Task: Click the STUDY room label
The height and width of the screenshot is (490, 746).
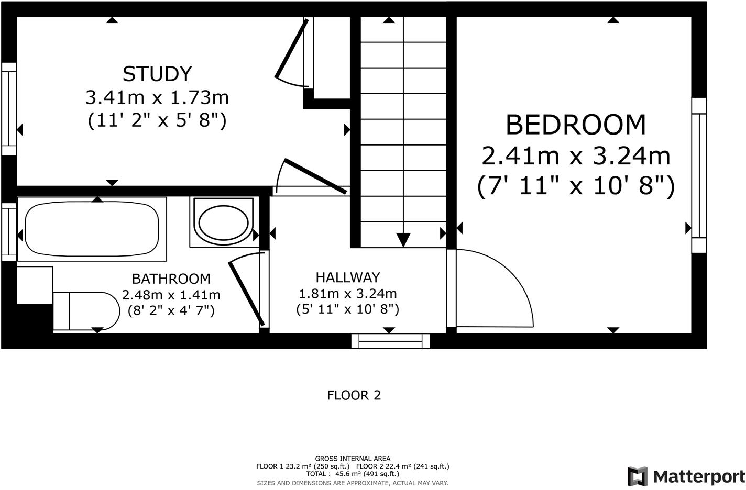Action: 157,74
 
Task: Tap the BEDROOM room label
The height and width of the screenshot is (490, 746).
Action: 576,125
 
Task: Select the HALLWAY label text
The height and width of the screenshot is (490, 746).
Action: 348,277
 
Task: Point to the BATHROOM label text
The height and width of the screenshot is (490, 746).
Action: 171,279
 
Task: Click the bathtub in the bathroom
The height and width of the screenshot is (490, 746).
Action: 92,229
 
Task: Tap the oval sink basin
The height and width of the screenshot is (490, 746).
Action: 224,222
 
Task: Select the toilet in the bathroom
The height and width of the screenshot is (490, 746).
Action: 86,311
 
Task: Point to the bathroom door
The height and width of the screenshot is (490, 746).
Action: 246,294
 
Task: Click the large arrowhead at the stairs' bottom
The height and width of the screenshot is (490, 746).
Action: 403,240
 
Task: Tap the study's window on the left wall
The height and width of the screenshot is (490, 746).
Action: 9,109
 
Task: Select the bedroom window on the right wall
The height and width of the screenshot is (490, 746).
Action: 699,175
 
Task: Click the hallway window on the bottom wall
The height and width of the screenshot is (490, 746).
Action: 391,341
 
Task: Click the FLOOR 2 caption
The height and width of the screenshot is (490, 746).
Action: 354,395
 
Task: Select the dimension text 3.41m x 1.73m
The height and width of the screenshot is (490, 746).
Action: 157,97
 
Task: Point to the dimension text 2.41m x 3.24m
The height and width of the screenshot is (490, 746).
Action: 576,156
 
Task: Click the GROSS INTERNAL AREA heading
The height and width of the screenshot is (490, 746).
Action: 353,459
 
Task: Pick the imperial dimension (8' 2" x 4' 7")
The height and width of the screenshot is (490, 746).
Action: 171,310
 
